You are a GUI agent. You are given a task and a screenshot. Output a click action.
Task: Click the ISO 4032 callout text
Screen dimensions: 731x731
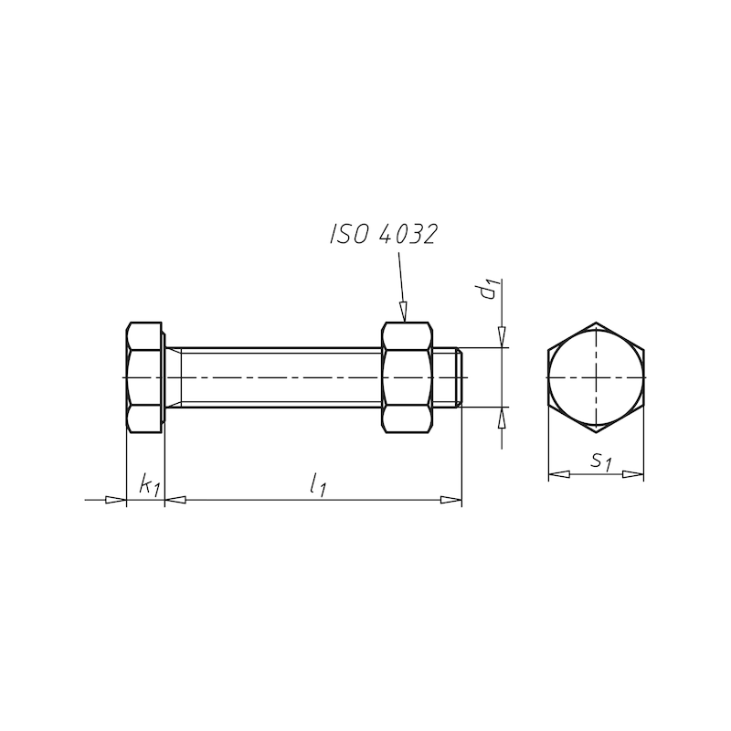pos(384,234)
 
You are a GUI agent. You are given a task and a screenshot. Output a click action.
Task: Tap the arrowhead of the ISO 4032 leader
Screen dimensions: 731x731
pos(403,312)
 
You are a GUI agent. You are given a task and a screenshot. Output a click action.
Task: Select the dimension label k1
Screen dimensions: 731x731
pos(149,484)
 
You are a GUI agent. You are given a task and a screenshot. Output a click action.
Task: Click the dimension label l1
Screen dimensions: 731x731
pos(318,484)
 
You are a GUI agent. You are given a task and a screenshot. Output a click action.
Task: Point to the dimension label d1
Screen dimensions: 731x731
pos(491,289)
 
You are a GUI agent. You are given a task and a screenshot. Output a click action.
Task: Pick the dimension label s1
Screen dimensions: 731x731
pos(601,461)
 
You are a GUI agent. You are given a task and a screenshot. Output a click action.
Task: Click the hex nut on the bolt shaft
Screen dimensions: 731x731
pos(407,377)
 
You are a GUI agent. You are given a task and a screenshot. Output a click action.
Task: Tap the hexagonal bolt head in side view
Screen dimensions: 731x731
pos(144,377)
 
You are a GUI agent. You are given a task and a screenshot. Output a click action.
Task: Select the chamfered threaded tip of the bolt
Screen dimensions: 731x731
pos(460,377)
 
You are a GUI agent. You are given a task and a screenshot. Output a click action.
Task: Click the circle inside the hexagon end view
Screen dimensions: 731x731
pos(596,329)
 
